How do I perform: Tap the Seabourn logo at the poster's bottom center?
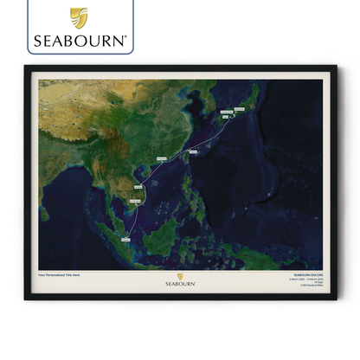point(180,282)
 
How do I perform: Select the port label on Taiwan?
point(193,151)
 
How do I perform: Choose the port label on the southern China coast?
point(161,159)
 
